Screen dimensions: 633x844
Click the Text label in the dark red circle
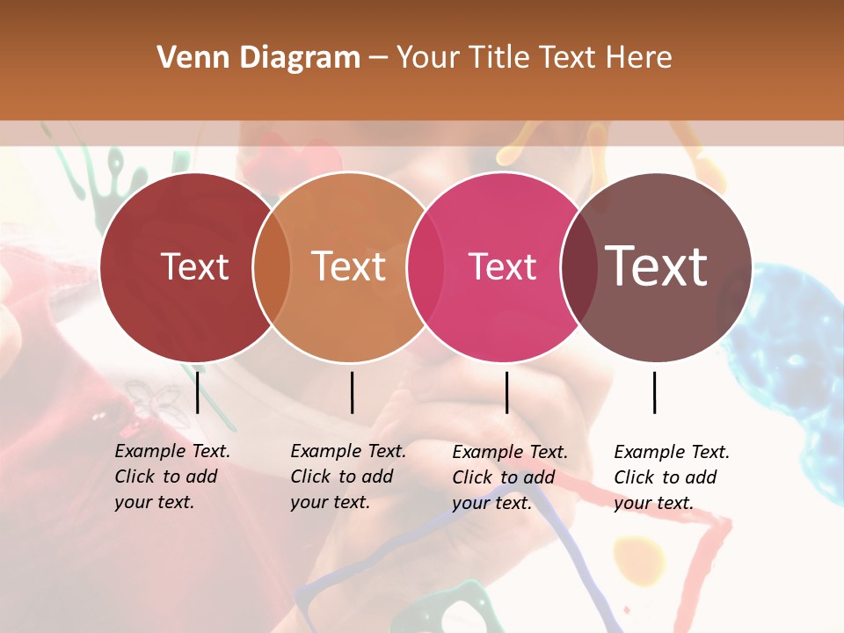point(194,266)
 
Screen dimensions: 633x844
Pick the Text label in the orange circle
point(349,266)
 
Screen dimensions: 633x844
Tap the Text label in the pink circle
point(503,266)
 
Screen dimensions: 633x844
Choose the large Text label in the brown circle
point(657,266)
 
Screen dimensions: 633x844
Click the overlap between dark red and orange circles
point(272,267)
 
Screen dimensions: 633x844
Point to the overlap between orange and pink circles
point(426,267)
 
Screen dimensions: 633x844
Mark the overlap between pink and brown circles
point(579,267)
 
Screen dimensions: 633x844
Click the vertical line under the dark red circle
point(198,392)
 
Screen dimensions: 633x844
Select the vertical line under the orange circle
point(352,392)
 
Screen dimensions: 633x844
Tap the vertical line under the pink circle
point(506,392)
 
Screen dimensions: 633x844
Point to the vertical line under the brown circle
point(654,392)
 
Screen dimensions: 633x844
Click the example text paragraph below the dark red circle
point(172,477)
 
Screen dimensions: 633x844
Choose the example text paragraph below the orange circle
point(348,477)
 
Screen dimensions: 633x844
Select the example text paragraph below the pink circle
point(510,477)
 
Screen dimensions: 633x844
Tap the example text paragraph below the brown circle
point(672,477)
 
